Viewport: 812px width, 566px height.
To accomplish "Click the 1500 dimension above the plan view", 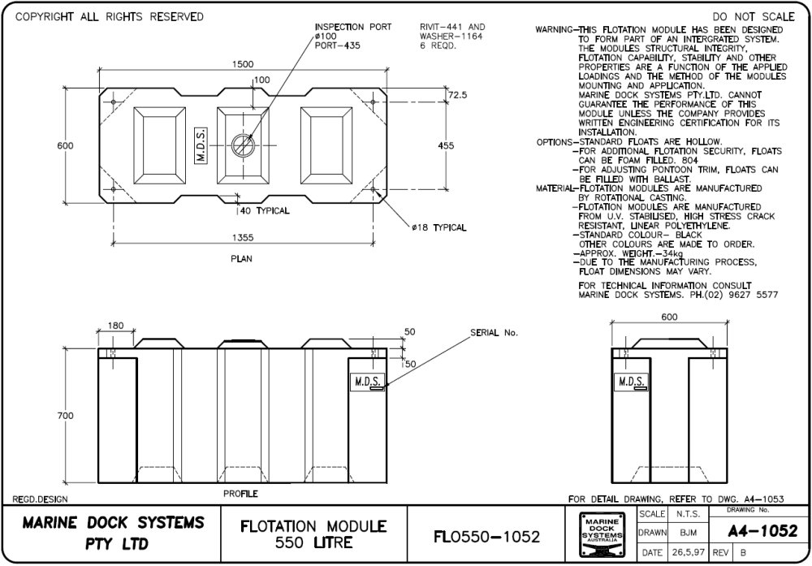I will [x=243, y=64].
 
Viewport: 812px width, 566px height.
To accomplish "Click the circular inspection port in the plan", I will [x=243, y=145].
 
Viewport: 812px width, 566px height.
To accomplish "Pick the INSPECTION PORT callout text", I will [x=352, y=28].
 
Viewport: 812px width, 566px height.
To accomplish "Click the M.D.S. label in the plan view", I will [x=201, y=145].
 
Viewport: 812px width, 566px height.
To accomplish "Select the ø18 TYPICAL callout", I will [x=439, y=228].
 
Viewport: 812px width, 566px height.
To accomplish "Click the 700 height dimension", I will [x=65, y=415].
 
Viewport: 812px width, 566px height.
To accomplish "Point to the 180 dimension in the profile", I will [x=116, y=326].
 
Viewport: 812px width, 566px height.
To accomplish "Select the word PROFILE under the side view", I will [x=240, y=494].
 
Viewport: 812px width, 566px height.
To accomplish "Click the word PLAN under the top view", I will [x=241, y=260].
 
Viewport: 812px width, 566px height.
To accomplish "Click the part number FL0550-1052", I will [x=487, y=537].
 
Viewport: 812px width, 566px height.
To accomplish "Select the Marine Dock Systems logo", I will [x=601, y=536].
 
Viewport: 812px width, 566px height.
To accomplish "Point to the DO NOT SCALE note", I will [x=753, y=17].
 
